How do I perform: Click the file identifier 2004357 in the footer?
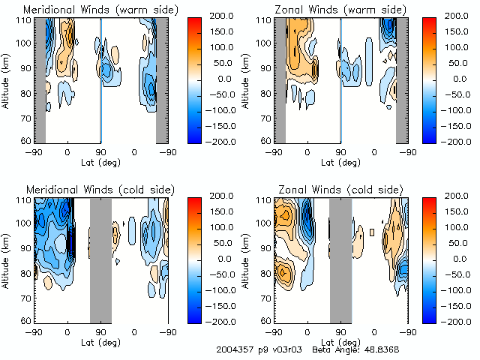[235, 349]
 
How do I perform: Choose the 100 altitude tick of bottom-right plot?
[265, 223]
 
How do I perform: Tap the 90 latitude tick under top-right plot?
[340, 151]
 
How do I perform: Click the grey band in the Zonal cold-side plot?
[340, 259]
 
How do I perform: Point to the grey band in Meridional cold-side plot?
[100, 259]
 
